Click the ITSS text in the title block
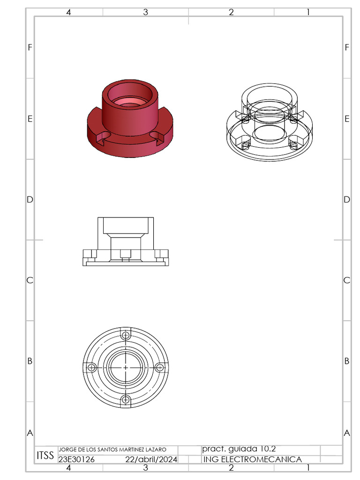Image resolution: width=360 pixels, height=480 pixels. point(45,456)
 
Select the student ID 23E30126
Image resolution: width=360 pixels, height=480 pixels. point(76,459)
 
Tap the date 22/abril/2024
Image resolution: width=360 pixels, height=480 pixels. point(151,459)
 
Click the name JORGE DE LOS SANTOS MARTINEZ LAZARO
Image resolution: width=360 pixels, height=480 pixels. point(112,450)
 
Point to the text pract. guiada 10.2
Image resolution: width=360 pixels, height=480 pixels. point(239,449)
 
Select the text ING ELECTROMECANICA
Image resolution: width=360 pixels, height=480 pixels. point(253,459)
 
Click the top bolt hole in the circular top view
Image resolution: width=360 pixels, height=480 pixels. point(126,335)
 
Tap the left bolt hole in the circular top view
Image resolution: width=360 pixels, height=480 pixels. point(91,367)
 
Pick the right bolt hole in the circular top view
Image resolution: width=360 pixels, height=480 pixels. point(159,367)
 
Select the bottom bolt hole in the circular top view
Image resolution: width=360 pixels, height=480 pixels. point(126,399)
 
